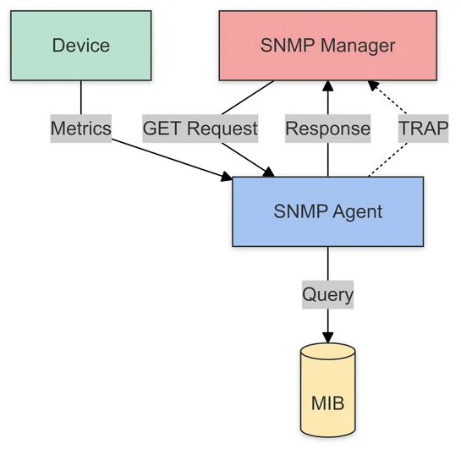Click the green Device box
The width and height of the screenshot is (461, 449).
click(81, 46)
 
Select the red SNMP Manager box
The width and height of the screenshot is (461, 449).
click(329, 46)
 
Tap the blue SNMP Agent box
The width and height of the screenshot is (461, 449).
click(327, 211)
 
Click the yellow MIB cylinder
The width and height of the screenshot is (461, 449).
click(328, 393)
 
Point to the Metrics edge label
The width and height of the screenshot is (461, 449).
click(81, 129)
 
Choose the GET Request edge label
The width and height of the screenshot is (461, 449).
click(200, 129)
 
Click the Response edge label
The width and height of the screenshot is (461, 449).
click(328, 129)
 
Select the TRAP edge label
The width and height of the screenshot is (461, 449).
click(422, 129)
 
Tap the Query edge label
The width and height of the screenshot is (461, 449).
click(328, 295)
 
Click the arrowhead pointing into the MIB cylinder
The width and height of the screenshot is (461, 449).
click(328, 337)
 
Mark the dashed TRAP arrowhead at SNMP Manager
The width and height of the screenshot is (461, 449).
click(372, 85)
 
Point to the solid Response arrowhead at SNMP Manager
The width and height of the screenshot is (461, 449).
click(328, 86)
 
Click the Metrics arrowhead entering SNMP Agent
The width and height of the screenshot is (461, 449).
click(226, 177)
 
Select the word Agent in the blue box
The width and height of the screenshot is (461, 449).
click(357, 211)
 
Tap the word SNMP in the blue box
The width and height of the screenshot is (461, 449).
click(299, 211)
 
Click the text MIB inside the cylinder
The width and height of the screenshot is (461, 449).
click(328, 400)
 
